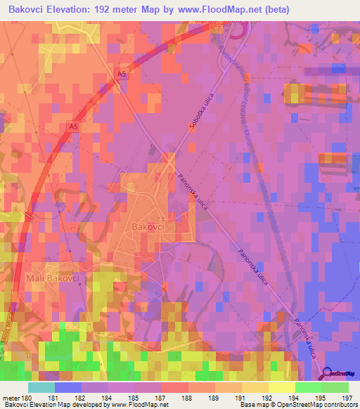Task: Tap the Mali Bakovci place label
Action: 53,279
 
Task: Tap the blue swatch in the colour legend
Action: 67,387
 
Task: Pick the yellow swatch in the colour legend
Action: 281,387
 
